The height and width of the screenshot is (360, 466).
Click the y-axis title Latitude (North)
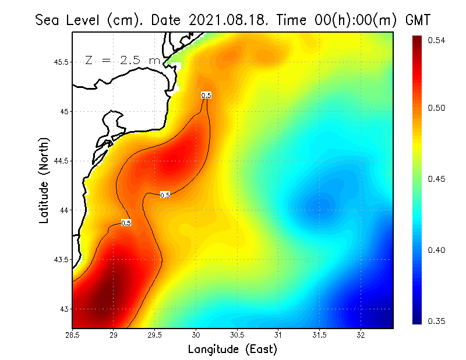pyautogui.click(x=44, y=180)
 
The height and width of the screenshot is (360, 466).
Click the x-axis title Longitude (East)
pyautogui.click(x=232, y=350)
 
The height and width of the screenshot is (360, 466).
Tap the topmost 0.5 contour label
pyautogui.click(x=206, y=95)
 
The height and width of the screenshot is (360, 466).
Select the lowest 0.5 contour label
pyautogui.click(x=126, y=223)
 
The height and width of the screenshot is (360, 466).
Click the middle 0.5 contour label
pyautogui.click(x=165, y=195)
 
